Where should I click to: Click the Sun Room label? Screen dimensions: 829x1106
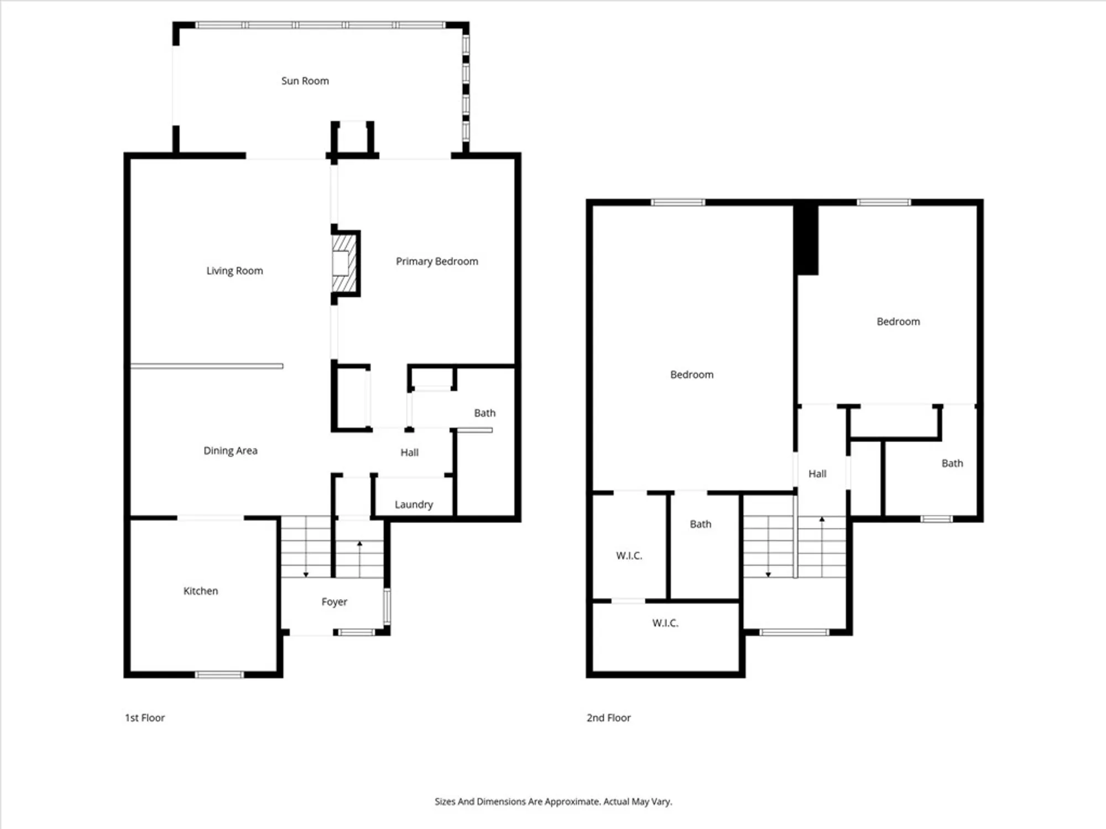point(305,81)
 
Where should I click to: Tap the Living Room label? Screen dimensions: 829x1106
point(234,271)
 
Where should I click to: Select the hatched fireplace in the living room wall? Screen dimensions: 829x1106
point(343,264)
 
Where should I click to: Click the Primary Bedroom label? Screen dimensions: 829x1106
point(437,261)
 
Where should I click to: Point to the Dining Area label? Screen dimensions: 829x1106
point(230,450)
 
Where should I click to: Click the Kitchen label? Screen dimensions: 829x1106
point(200,591)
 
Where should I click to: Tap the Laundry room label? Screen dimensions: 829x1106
point(414,505)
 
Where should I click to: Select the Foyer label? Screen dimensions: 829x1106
point(334,602)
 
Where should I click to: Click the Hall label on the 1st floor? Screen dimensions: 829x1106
point(409,453)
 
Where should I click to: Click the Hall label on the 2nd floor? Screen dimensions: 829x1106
point(817,474)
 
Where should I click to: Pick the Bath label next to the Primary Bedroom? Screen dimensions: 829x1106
point(484,413)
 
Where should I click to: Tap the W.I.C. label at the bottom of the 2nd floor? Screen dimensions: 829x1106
point(665,623)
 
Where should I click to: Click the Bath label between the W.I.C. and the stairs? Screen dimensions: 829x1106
point(700,524)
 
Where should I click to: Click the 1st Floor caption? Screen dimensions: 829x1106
point(144,717)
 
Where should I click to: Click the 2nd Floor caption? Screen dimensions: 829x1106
point(608,717)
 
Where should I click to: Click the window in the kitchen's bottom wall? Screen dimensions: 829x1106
point(219,674)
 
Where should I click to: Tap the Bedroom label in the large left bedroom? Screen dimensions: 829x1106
point(691,375)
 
